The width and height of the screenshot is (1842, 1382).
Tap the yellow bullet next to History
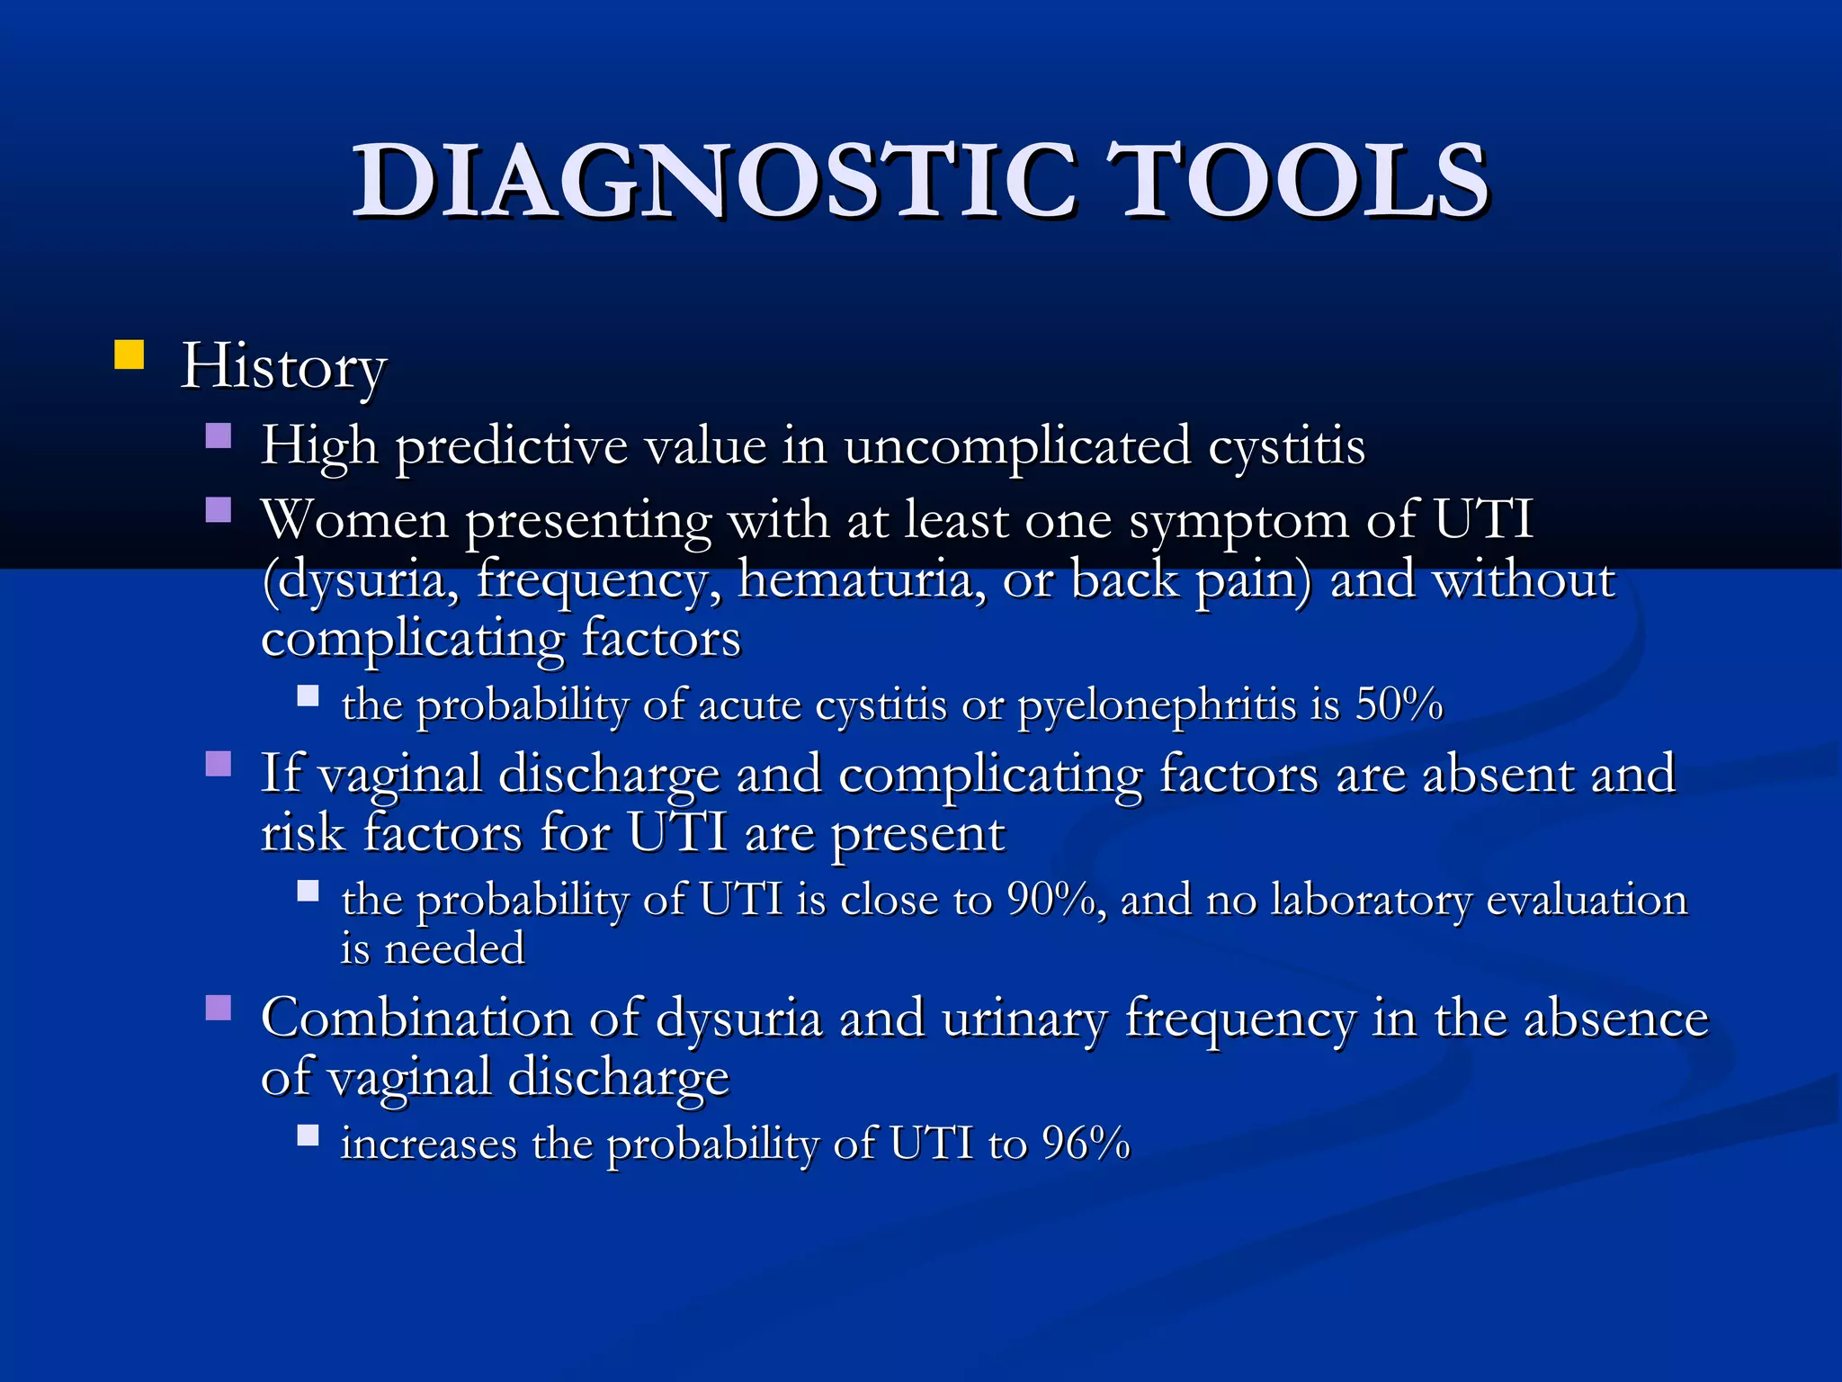click(x=130, y=354)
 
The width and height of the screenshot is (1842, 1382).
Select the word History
click(x=283, y=366)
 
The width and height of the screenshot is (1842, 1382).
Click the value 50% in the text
click(x=1399, y=704)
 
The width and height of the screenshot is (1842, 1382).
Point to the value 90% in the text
click(x=1051, y=899)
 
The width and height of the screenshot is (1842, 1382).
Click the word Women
click(x=354, y=520)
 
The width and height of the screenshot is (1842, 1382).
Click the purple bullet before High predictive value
click(x=219, y=437)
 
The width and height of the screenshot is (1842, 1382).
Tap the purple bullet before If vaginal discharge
click(x=219, y=764)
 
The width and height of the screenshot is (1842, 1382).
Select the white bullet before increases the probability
click(x=308, y=1135)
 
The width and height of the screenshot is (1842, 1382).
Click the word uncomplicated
click(x=1016, y=446)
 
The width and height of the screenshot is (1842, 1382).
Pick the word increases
click(x=428, y=1144)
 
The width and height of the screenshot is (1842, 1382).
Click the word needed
click(x=454, y=949)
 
